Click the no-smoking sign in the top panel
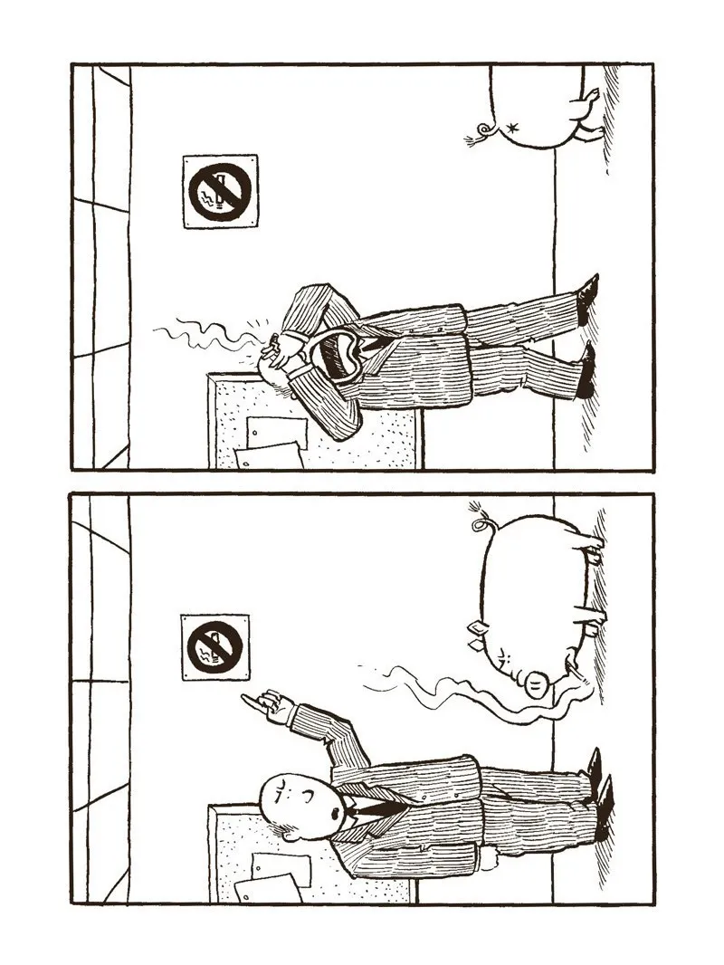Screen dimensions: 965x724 [x=220, y=191]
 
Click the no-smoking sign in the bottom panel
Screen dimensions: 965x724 [x=215, y=647]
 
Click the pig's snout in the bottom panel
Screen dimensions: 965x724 [x=536, y=687]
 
